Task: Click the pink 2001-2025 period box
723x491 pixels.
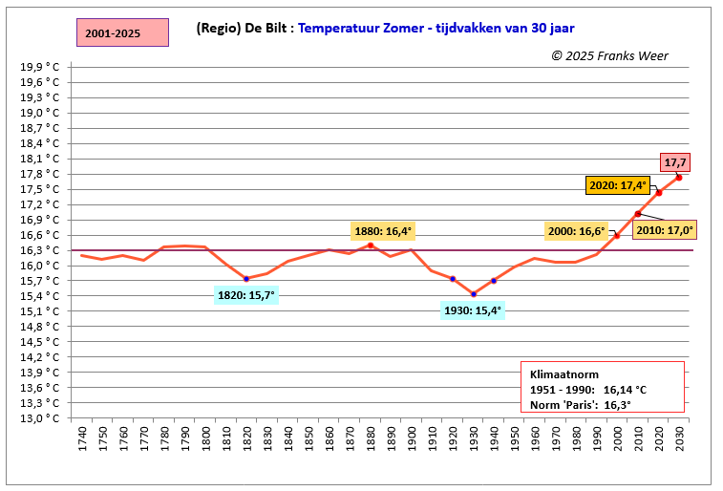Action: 122,32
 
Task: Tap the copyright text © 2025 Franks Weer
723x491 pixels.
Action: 609,55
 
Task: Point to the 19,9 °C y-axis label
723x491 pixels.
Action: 40,67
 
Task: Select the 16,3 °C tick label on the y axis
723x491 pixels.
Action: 40,250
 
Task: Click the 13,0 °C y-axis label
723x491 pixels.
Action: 40,418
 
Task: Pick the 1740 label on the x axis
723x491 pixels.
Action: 82,438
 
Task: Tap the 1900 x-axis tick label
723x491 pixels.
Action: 412,438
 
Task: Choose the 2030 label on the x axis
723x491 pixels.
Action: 680,438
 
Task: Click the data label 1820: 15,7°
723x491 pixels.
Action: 246,295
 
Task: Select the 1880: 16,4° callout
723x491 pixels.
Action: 383,231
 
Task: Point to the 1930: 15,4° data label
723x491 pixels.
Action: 473,310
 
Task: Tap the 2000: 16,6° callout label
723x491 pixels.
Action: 576,231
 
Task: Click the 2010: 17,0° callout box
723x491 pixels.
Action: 665,229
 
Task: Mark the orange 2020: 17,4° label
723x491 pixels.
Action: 618,185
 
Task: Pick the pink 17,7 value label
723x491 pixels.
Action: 675,162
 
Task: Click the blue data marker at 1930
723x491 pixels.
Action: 474,294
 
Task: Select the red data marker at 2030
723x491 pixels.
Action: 679,178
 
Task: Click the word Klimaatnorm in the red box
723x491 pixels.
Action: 564,374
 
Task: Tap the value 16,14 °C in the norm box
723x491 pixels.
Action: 625,390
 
